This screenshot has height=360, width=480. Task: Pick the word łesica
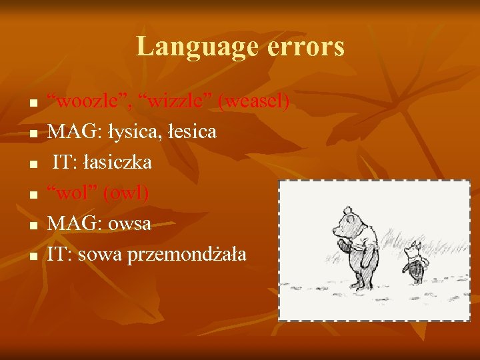pyautogui.click(x=193, y=132)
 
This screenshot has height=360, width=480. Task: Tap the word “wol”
pyautogui.click(x=70, y=193)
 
